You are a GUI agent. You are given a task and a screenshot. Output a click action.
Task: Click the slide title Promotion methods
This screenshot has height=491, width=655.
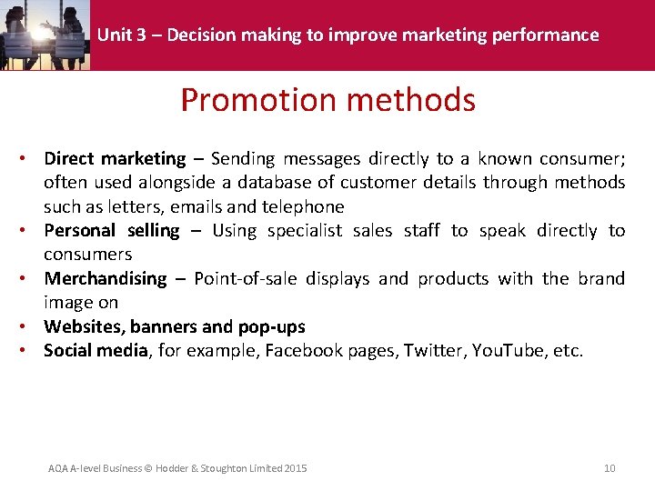[x=327, y=99]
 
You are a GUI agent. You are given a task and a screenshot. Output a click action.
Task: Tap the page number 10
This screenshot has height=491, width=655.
[x=610, y=468]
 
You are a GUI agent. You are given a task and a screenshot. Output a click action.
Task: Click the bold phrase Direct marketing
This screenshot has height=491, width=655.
[x=115, y=159]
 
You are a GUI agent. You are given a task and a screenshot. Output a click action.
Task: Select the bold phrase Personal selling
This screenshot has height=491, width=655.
[x=111, y=231]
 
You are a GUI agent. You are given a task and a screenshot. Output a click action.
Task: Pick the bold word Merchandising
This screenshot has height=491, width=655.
[x=106, y=278]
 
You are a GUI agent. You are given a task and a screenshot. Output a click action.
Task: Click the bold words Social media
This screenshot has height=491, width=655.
[x=96, y=350]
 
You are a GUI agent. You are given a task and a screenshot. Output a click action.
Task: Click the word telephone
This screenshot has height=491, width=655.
[x=303, y=206]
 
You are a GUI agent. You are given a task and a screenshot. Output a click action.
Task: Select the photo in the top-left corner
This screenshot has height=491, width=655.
[x=45, y=35]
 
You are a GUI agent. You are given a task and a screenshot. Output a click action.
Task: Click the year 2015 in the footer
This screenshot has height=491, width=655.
[x=296, y=468]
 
